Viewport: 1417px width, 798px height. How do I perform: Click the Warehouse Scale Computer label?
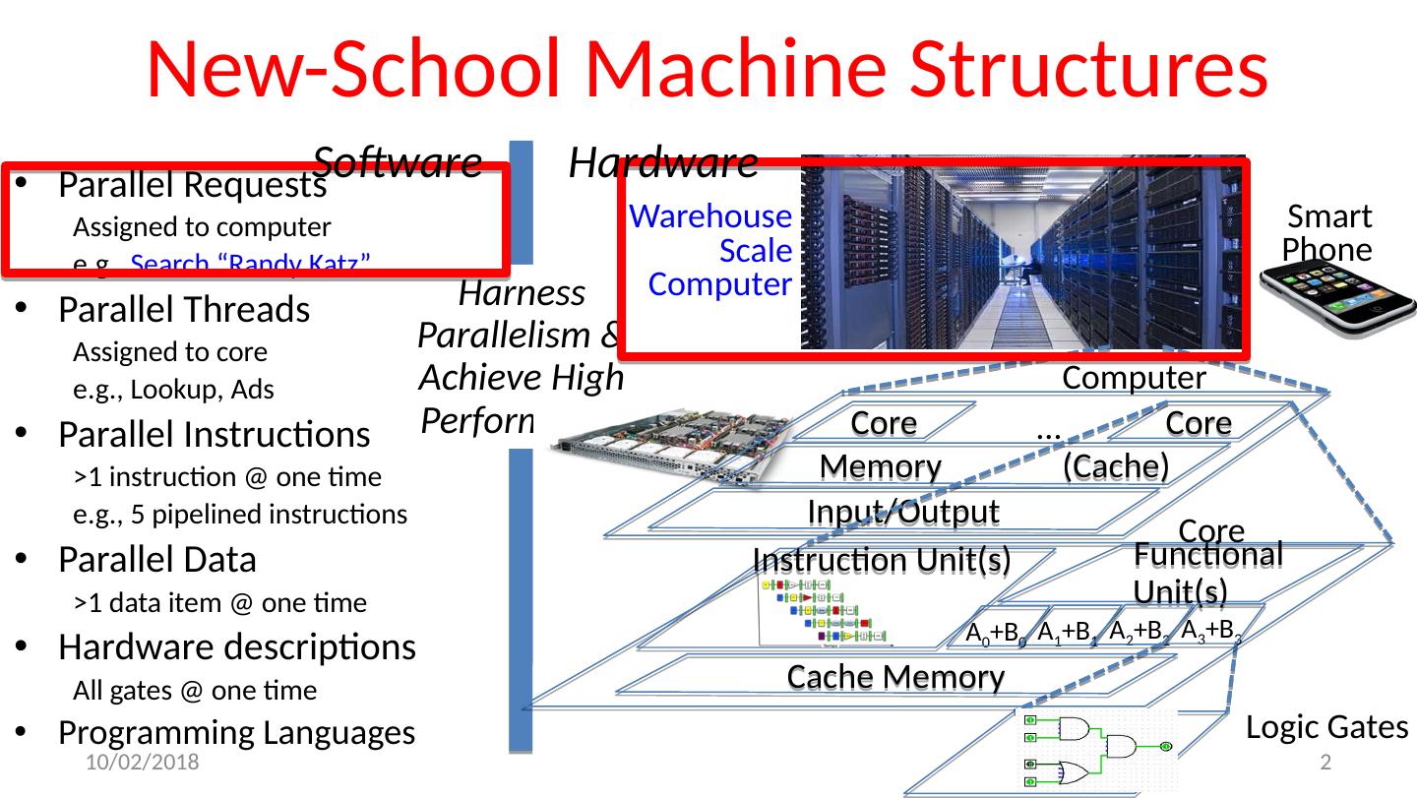click(x=710, y=250)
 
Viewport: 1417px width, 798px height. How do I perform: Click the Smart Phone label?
click(x=1327, y=233)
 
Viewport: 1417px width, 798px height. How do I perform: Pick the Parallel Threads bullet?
click(x=184, y=310)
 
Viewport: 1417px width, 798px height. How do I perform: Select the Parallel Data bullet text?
click(x=157, y=559)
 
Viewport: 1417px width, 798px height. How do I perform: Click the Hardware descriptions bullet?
click(x=236, y=646)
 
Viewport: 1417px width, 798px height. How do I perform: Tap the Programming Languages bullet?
click(x=236, y=732)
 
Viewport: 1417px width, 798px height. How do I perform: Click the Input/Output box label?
click(x=902, y=512)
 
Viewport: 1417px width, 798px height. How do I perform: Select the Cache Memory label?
click(x=895, y=677)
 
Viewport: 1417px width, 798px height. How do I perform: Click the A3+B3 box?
click(x=1209, y=632)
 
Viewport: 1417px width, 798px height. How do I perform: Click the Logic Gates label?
click(x=1326, y=727)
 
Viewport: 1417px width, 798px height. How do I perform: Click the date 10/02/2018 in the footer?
click(x=141, y=763)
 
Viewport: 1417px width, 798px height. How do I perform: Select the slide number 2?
click(x=1325, y=763)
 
